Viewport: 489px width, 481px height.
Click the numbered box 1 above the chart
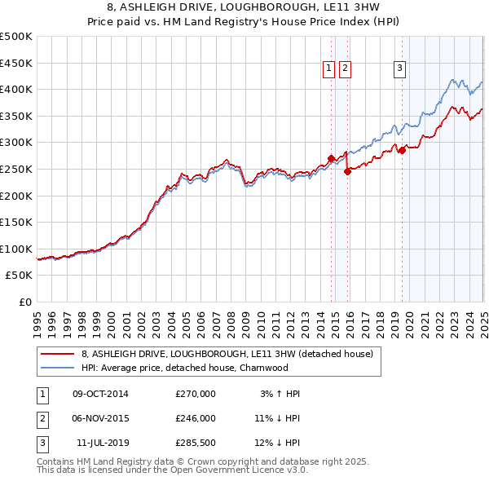pyautogui.click(x=328, y=69)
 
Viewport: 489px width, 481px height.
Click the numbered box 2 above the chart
pyautogui.click(x=346, y=69)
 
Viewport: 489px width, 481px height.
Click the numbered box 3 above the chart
pyautogui.click(x=400, y=69)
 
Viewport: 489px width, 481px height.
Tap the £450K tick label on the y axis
pyautogui.click(x=16, y=63)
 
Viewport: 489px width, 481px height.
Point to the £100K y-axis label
pyautogui.click(x=16, y=249)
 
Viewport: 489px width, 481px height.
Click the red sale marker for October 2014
pyautogui.click(x=331, y=158)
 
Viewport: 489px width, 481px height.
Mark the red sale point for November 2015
pyautogui.click(x=347, y=171)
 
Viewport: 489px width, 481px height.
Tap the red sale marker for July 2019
pyautogui.click(x=402, y=150)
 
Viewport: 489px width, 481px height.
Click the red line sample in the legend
pyautogui.click(x=58, y=355)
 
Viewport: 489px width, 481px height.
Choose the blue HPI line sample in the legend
pyautogui.click(x=58, y=368)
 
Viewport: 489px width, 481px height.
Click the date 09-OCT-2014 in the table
pyautogui.click(x=101, y=394)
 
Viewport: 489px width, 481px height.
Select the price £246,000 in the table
pyautogui.click(x=196, y=418)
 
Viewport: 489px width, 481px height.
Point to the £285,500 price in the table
pyautogui.click(x=196, y=443)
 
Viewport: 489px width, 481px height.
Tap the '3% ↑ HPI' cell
pyautogui.click(x=280, y=394)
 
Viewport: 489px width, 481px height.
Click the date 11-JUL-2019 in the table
pyautogui.click(x=101, y=443)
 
